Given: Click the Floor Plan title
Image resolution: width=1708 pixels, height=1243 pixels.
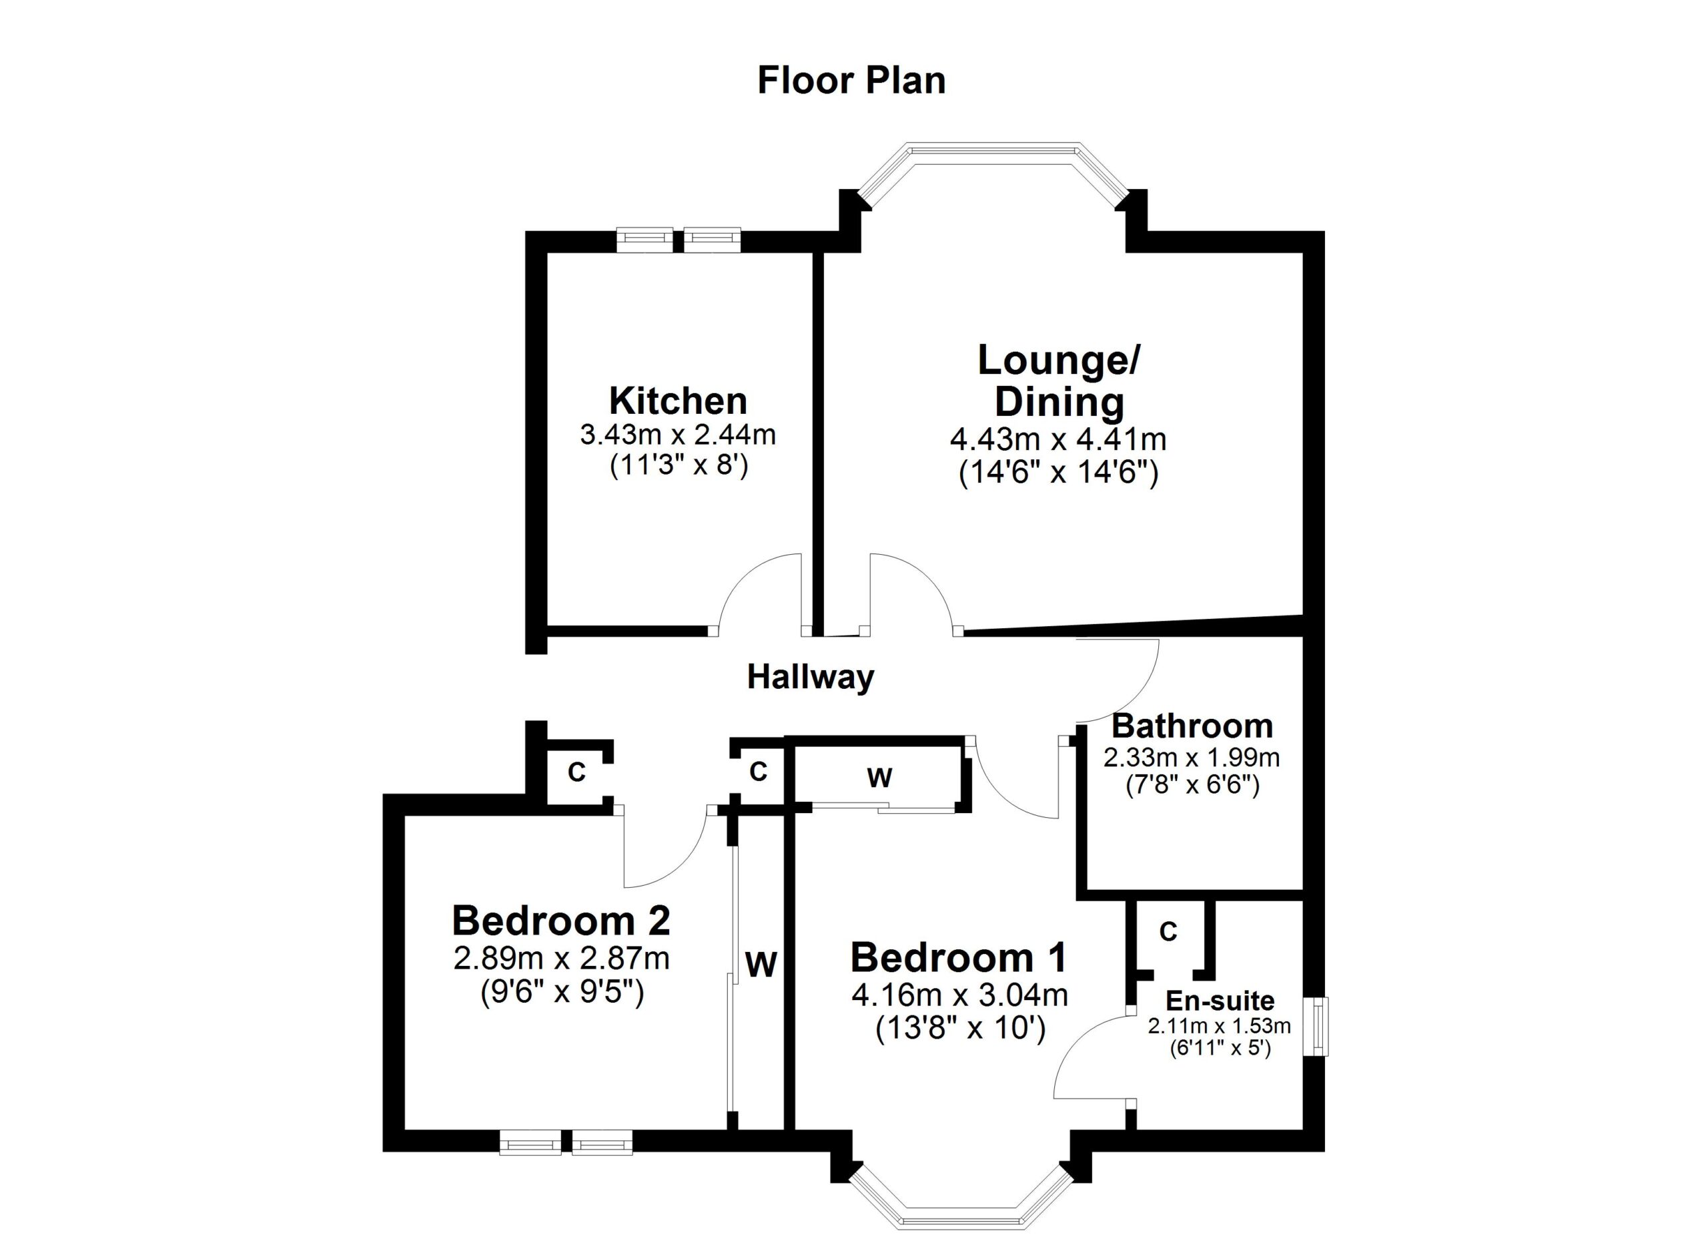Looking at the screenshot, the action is pos(852,81).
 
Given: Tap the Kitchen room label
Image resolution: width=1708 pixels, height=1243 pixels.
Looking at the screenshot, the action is pos(678,401).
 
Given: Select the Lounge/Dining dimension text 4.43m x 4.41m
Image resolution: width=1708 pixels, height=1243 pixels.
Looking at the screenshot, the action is pos(1058,439).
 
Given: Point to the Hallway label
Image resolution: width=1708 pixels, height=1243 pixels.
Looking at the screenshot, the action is pos(811,678).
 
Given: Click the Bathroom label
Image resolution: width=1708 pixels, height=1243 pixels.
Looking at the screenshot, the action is pos(1193,726).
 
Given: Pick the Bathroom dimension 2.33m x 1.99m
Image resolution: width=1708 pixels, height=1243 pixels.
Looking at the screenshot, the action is pos(1192,756).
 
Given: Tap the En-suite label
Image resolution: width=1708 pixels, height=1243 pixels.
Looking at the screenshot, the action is pos(1220,1001).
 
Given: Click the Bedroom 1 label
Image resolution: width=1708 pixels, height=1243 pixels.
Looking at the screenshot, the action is pos(959,957).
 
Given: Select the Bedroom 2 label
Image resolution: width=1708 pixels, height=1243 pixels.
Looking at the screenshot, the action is pos(561,921).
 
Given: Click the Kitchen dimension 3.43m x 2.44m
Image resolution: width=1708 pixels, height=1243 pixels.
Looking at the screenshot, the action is pos(678,435).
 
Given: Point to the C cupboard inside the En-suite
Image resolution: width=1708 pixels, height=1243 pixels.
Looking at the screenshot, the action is pos(1168,932).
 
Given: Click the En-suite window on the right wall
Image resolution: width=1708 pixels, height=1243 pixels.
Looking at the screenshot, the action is pos(1316,1027).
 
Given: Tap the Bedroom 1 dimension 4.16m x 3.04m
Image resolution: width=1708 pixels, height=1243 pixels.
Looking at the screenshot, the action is pos(959,995).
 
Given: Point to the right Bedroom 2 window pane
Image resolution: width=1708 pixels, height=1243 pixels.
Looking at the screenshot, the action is pos(602,1143).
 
